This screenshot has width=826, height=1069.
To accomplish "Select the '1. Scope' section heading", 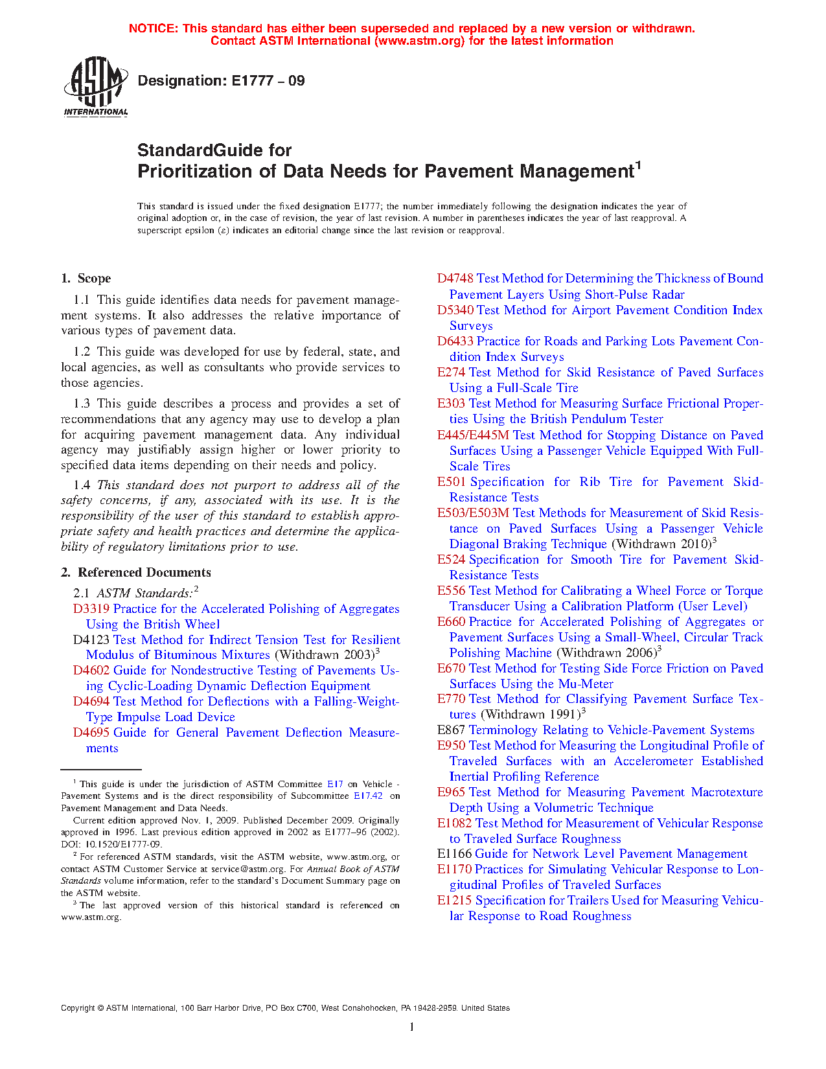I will tap(86, 279).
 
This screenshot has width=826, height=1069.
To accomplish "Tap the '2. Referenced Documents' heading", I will tap(136, 573).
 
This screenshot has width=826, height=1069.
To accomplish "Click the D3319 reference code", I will tap(91, 609).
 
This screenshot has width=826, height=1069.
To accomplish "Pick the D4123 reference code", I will tap(91, 640).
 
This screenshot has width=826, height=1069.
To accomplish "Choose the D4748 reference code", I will tap(455, 279).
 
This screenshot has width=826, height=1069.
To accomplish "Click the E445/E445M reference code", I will tap(473, 435).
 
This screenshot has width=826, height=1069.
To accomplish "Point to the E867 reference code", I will tap(451, 730).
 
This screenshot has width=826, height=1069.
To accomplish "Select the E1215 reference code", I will tap(455, 901).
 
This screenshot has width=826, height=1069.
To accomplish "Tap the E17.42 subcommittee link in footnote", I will tap(368, 796).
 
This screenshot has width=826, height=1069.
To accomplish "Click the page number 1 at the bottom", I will tap(412, 1027).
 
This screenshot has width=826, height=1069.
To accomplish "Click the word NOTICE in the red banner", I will tap(153, 29).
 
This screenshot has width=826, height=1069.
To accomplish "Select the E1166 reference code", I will tap(454, 854).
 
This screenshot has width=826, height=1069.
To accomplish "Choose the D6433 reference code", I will tap(455, 341).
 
